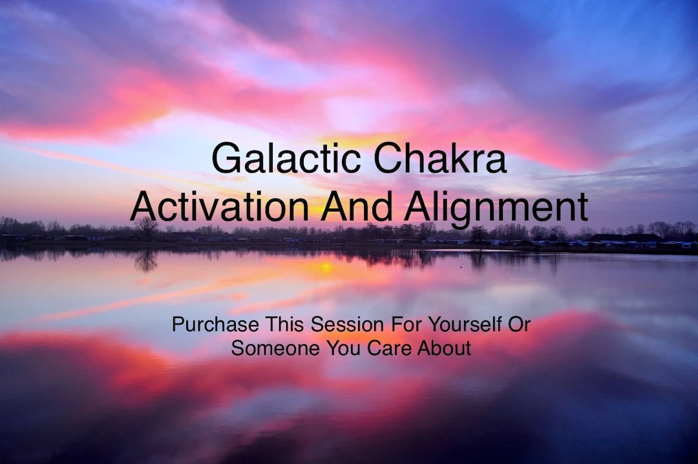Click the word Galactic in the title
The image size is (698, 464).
pyautogui.click(x=288, y=159)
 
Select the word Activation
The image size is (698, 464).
pyautogui.click(x=219, y=206)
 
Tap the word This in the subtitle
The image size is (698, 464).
pyautogui.click(x=284, y=324)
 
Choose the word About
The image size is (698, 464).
pyautogui.click(x=444, y=348)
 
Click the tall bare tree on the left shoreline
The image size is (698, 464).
pyautogui.click(x=146, y=226)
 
